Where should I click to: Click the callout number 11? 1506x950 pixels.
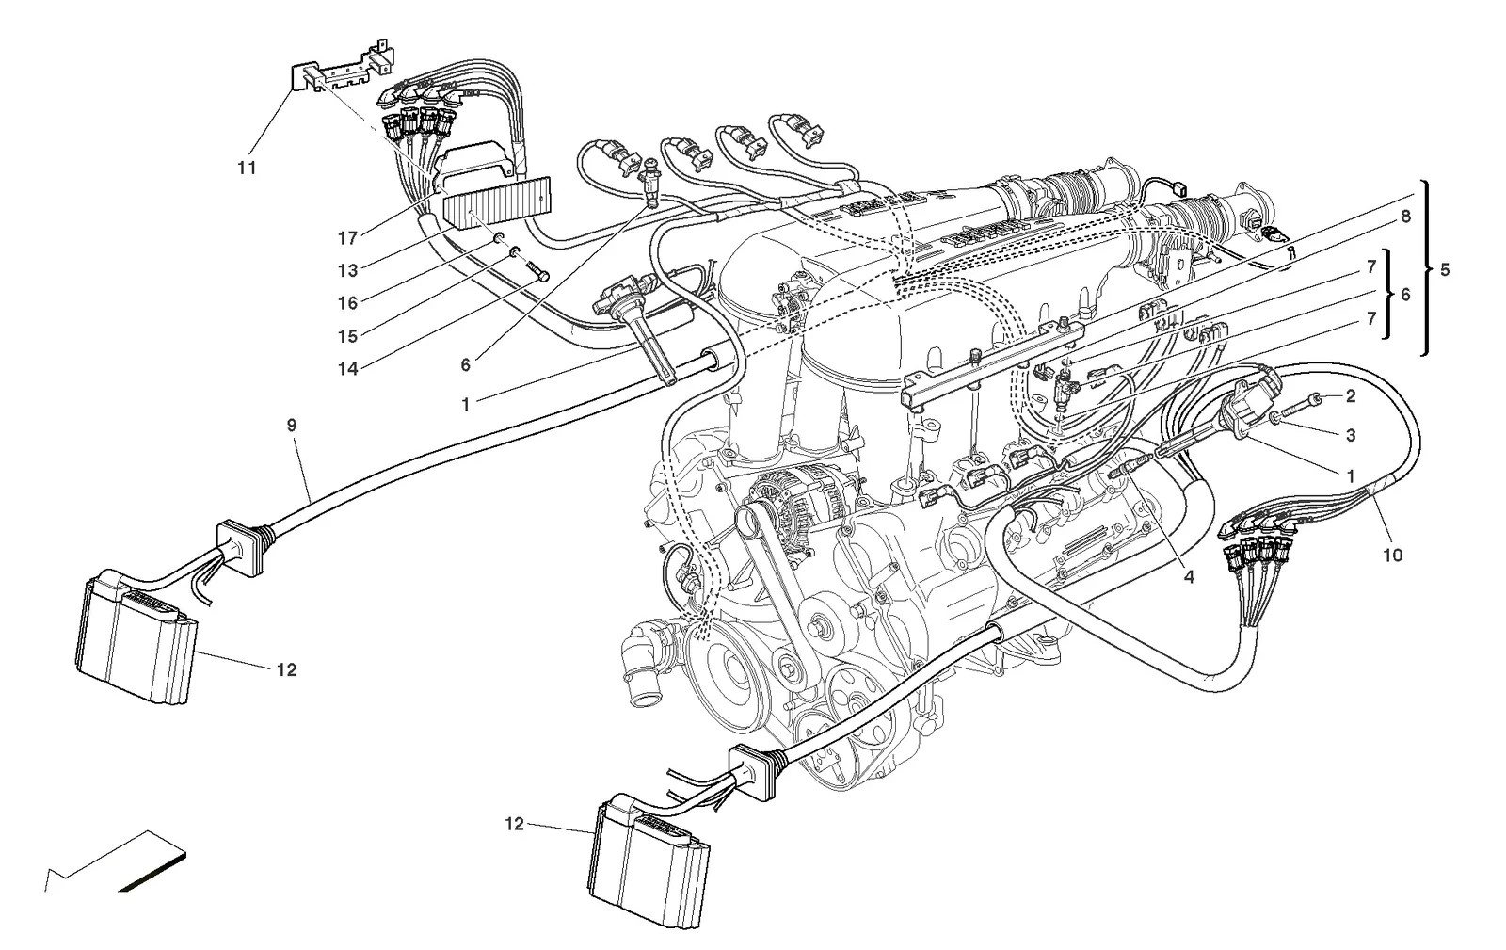click(247, 168)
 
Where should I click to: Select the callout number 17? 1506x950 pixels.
click(347, 238)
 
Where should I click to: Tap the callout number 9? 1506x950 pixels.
click(291, 425)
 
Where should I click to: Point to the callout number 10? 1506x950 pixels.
click(1392, 556)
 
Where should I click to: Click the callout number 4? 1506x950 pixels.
click(1189, 577)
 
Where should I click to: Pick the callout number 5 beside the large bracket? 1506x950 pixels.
click(1445, 270)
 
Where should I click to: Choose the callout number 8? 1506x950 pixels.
click(1405, 217)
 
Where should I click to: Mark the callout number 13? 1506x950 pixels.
click(347, 270)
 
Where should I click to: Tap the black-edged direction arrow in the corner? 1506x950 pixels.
click(116, 864)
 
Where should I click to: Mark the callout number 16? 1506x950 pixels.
click(347, 303)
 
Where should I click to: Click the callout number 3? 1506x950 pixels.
click(1351, 435)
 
